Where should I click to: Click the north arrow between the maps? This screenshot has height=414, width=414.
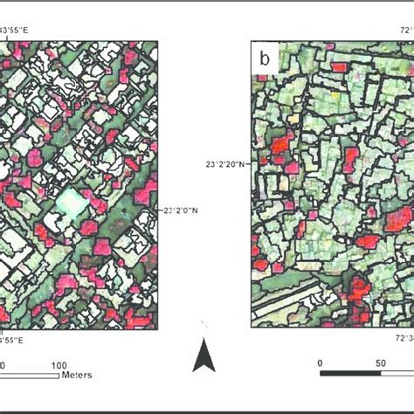(x=204, y=355)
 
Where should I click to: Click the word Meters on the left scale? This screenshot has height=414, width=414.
(x=77, y=375)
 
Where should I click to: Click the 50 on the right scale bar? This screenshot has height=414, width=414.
(x=383, y=362)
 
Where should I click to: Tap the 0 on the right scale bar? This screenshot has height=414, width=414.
(x=321, y=362)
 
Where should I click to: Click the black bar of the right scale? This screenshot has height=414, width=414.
(x=349, y=374)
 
